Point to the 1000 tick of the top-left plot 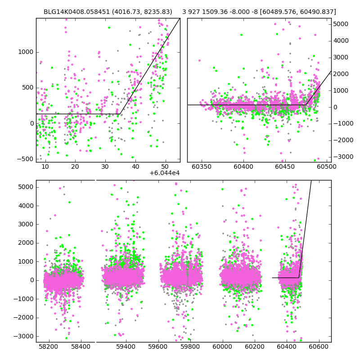click(x=25, y=52)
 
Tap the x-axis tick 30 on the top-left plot click(x=105, y=166)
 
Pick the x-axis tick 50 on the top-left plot click(x=165, y=166)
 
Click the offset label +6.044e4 click(x=164, y=173)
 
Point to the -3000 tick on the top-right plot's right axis click(x=342, y=157)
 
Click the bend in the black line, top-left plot click(x=119, y=114)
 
